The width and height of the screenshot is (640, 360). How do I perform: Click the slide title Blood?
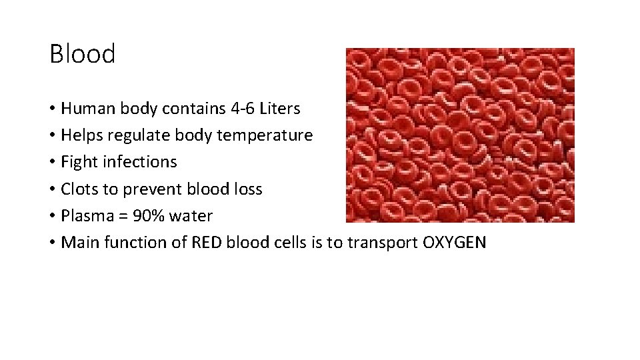(83, 54)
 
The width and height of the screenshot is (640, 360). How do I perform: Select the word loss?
(246, 189)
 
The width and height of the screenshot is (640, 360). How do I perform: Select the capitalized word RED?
(207, 243)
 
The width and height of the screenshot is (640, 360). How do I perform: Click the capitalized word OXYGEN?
(454, 243)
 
